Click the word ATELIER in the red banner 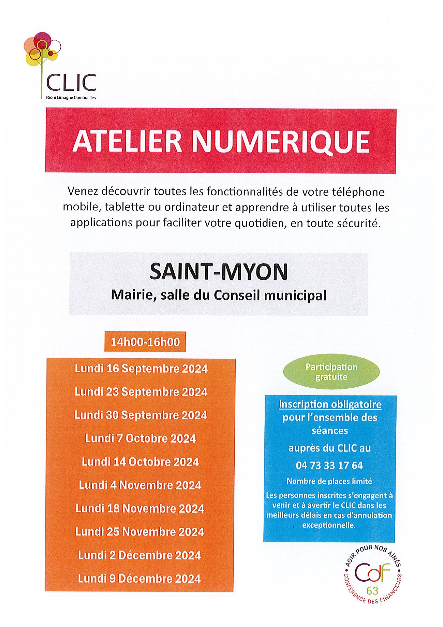(127, 141)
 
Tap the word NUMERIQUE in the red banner (280, 141)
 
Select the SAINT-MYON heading (219, 272)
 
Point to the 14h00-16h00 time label (145, 342)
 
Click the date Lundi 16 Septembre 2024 (141, 369)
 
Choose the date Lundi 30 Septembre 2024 (141, 415)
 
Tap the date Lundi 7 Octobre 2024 (140, 438)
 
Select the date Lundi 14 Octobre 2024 (140, 462)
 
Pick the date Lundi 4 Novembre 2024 (140, 485)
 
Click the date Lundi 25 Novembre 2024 (140, 532)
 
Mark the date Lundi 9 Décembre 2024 (139, 578)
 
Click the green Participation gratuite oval (331, 372)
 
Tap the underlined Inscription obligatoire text (330, 404)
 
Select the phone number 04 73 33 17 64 (329, 466)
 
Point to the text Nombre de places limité (329, 481)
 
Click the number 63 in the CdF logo (372, 591)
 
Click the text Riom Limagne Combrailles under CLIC (71, 98)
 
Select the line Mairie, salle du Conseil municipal (219, 295)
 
